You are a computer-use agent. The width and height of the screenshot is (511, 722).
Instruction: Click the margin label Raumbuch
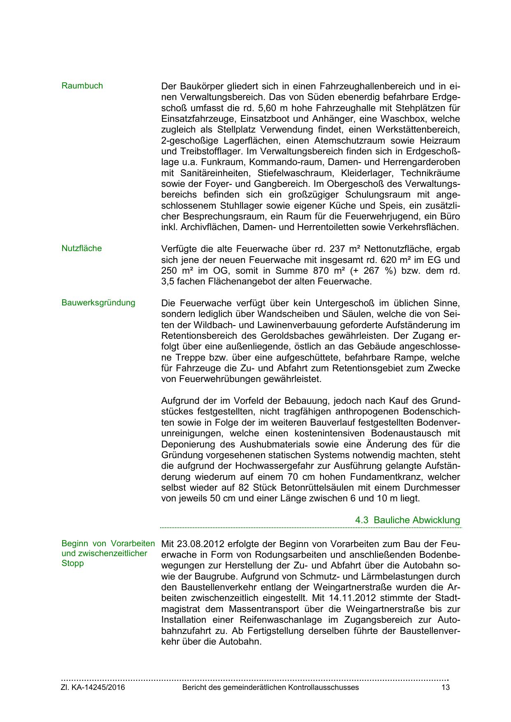[82, 86]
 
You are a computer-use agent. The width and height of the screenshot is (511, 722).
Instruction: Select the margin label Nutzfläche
[82, 249]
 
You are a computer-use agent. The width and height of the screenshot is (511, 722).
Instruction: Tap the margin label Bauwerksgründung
[98, 303]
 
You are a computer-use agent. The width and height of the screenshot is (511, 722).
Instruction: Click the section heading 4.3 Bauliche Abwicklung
[407, 520]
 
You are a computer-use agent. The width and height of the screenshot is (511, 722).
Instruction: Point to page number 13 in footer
[445, 687]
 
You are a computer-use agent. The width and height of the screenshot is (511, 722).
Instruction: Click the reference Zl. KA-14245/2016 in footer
[93, 687]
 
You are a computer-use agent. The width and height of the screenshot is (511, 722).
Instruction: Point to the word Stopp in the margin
[72, 564]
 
